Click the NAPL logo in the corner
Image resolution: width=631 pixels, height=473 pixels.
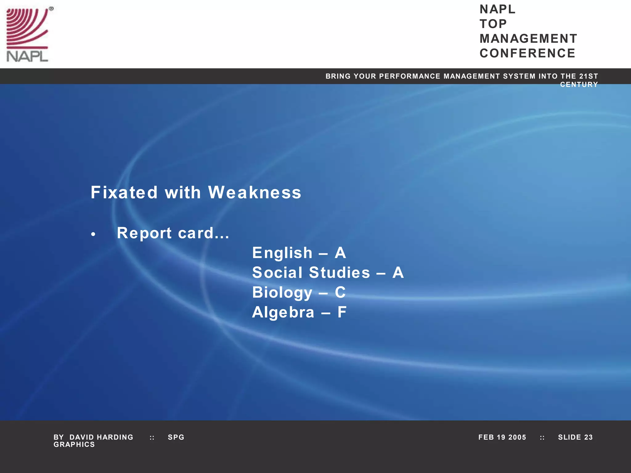tap(28, 34)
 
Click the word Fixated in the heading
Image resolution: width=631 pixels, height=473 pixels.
tap(124, 193)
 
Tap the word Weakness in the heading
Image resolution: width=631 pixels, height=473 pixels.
tap(254, 193)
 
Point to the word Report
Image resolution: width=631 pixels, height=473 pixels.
tap(144, 233)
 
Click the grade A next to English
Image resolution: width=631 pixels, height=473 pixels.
tap(340, 253)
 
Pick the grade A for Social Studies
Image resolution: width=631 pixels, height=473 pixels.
tap(398, 273)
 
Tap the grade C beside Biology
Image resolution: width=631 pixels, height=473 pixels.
tap(340, 292)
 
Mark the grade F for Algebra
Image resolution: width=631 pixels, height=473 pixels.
tap(342, 312)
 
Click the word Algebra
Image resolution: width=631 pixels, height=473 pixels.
tap(283, 312)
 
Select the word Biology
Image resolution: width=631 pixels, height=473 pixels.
tap(282, 293)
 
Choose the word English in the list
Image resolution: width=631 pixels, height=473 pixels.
tap(282, 253)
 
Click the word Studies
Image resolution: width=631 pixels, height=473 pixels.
tap(339, 273)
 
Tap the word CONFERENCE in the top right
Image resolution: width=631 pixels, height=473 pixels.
tap(527, 53)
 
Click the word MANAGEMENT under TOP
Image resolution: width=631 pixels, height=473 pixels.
tap(528, 39)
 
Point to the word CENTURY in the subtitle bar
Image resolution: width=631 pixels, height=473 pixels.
tap(579, 85)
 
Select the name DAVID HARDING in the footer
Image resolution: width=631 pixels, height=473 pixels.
tap(101, 437)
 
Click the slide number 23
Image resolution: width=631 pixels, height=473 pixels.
tap(588, 437)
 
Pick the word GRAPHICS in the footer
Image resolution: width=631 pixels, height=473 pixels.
tap(74, 445)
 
